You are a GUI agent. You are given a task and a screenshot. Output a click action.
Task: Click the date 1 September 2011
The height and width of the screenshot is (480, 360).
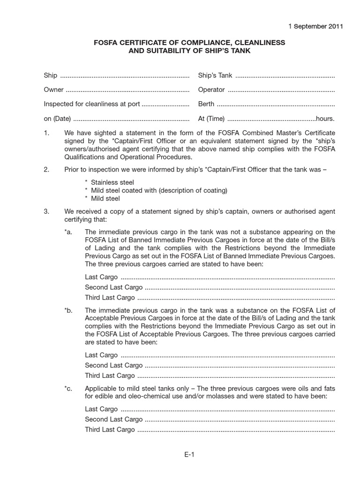coord(316,26)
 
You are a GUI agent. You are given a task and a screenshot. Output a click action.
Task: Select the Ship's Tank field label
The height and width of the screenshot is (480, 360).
coord(215,75)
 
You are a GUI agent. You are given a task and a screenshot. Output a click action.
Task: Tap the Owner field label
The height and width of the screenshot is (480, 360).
coord(54,90)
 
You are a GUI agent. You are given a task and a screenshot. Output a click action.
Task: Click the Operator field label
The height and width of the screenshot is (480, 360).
coord(211,90)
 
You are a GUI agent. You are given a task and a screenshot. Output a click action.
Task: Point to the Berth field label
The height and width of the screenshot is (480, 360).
coord(206,104)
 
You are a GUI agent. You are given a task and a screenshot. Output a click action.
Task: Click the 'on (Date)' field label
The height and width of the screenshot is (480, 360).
coord(58,119)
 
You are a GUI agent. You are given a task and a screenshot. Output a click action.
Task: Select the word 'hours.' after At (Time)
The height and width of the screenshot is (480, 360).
coord(325,119)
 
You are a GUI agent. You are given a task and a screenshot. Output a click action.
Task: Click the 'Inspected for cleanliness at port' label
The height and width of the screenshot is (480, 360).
coord(92,104)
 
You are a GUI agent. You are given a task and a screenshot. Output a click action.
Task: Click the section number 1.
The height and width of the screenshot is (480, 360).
coord(46,133)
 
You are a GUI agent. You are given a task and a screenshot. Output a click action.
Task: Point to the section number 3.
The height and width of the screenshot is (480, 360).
coord(46,211)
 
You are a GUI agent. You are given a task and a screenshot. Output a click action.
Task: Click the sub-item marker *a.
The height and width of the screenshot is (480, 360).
coord(69,232)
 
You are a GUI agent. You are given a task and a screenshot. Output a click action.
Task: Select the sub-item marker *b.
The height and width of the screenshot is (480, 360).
coord(69,310)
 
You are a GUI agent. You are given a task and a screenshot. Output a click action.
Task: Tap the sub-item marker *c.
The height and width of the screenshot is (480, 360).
coord(69,389)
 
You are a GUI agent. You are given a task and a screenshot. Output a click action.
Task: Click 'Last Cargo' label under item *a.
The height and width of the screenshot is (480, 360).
coord(101,277)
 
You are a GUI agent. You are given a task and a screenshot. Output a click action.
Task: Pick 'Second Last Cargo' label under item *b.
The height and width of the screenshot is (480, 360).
coord(113,365)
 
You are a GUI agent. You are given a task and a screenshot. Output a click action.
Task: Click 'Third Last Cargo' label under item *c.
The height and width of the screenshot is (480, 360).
coord(110,429)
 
